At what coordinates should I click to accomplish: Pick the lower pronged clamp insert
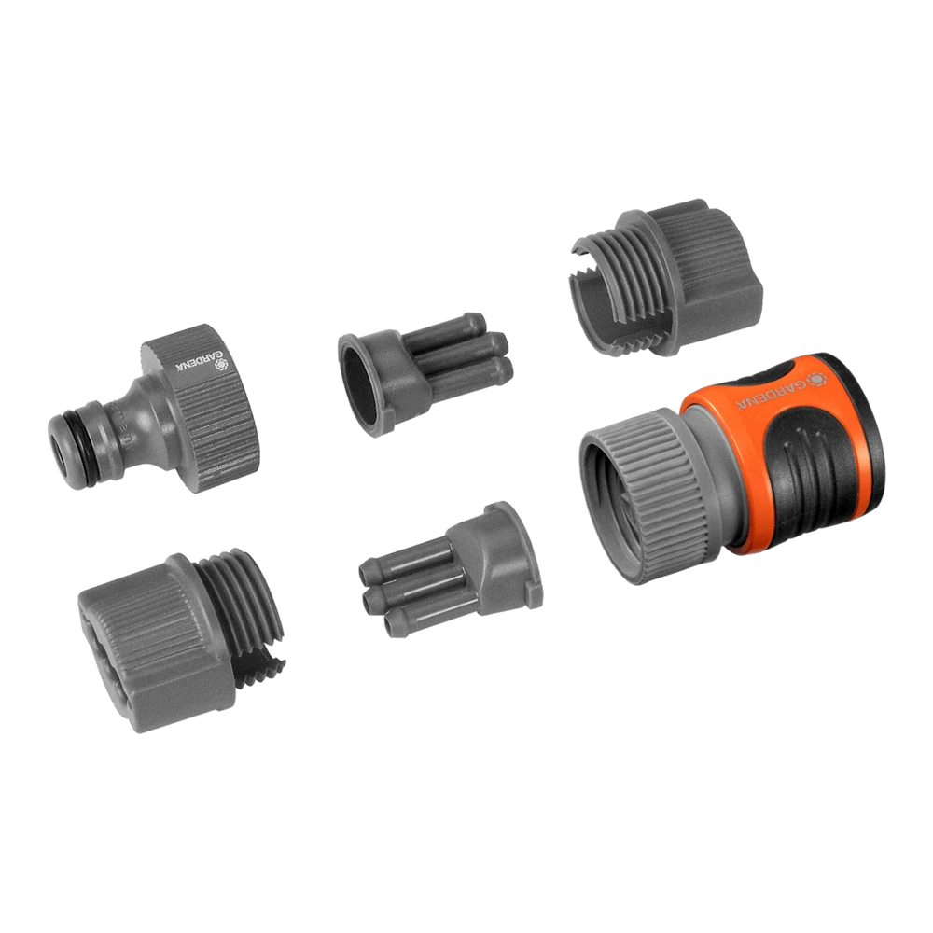pyautogui.click(x=451, y=569)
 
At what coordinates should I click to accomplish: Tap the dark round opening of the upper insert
pyautogui.click(x=359, y=385)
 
